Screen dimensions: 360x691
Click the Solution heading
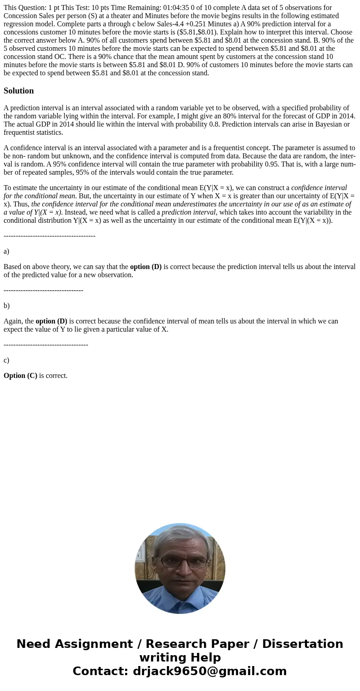[x=19, y=91]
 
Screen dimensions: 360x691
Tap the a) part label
[x=6, y=251]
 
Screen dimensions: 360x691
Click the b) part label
[x=6, y=306]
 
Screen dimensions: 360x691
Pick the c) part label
[x=6, y=360]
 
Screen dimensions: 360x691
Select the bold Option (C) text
[x=20, y=376]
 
